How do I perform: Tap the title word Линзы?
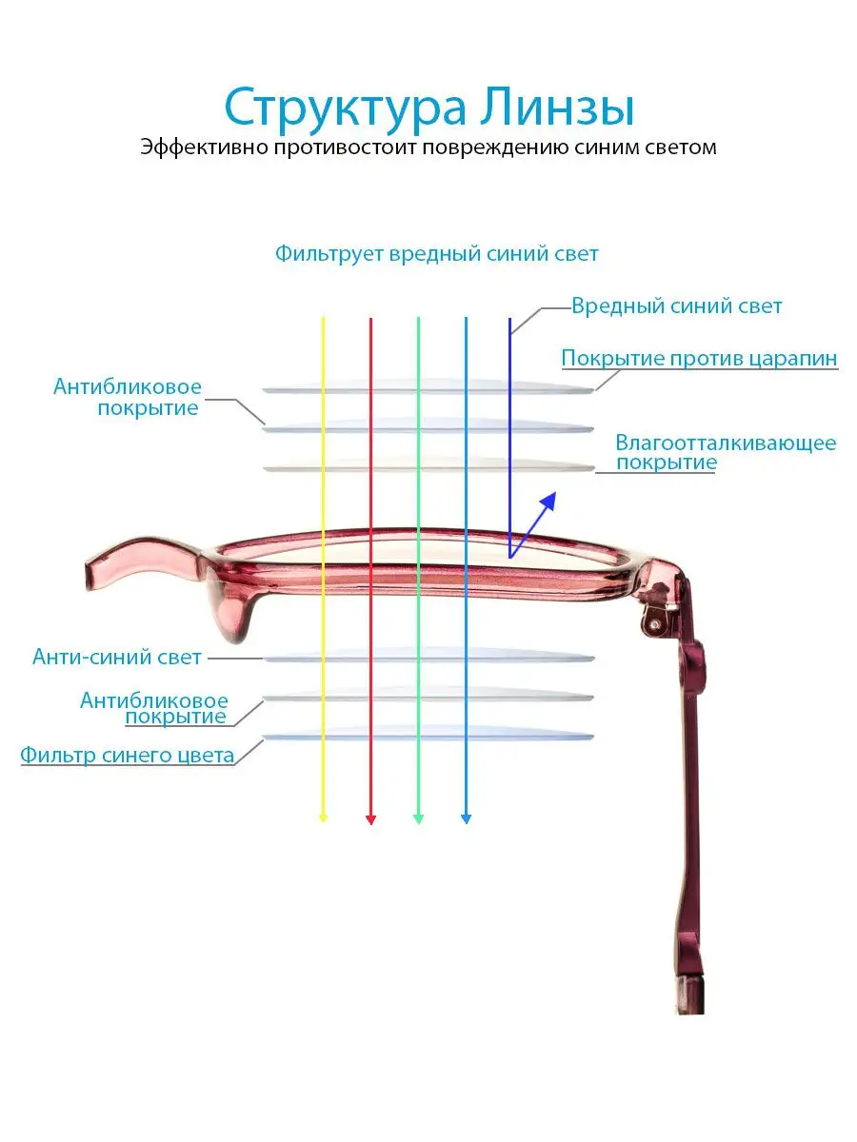click(x=556, y=108)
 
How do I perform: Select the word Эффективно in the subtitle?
click(x=204, y=147)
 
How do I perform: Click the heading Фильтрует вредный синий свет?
click(x=436, y=254)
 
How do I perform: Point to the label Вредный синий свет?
click(x=676, y=305)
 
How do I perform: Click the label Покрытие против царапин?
click(x=699, y=359)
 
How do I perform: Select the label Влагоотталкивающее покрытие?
click(x=726, y=452)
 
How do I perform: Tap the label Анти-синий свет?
click(x=116, y=657)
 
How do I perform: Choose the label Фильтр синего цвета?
click(x=127, y=756)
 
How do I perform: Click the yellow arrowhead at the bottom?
click(x=323, y=819)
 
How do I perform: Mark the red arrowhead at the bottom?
click(x=371, y=820)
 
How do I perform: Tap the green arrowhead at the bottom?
click(x=418, y=819)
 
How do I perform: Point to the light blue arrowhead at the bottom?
click(x=467, y=819)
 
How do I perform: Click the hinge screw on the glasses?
click(x=655, y=623)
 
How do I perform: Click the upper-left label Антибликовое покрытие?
click(x=127, y=397)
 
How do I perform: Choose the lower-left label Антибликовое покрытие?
click(x=154, y=708)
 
